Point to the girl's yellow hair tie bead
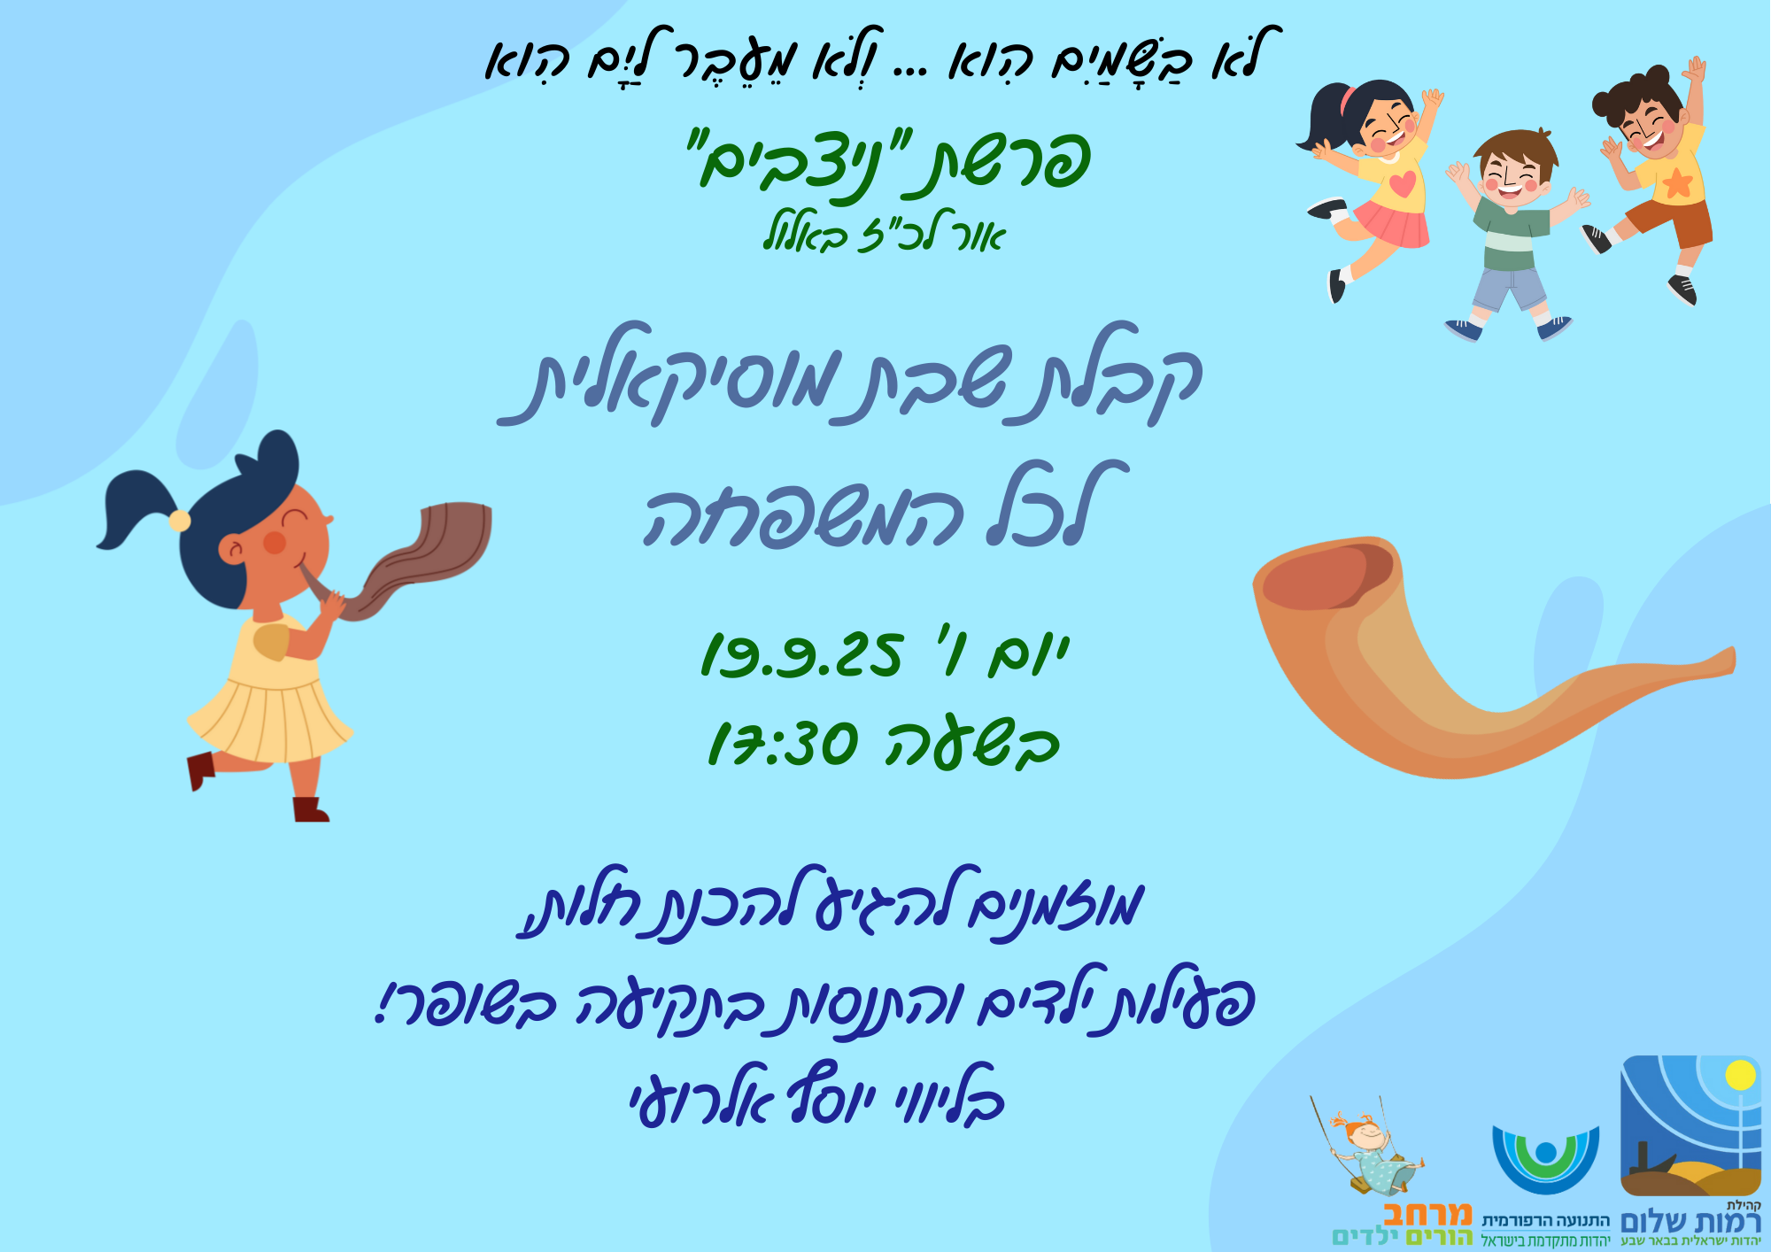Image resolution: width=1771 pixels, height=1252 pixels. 180,520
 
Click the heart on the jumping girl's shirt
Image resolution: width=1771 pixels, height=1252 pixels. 1402,184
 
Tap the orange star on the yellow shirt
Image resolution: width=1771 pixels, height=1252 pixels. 1677,182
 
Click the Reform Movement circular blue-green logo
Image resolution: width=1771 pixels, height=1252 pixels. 1545,1159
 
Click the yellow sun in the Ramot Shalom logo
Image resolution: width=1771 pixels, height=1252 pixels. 1740,1075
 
